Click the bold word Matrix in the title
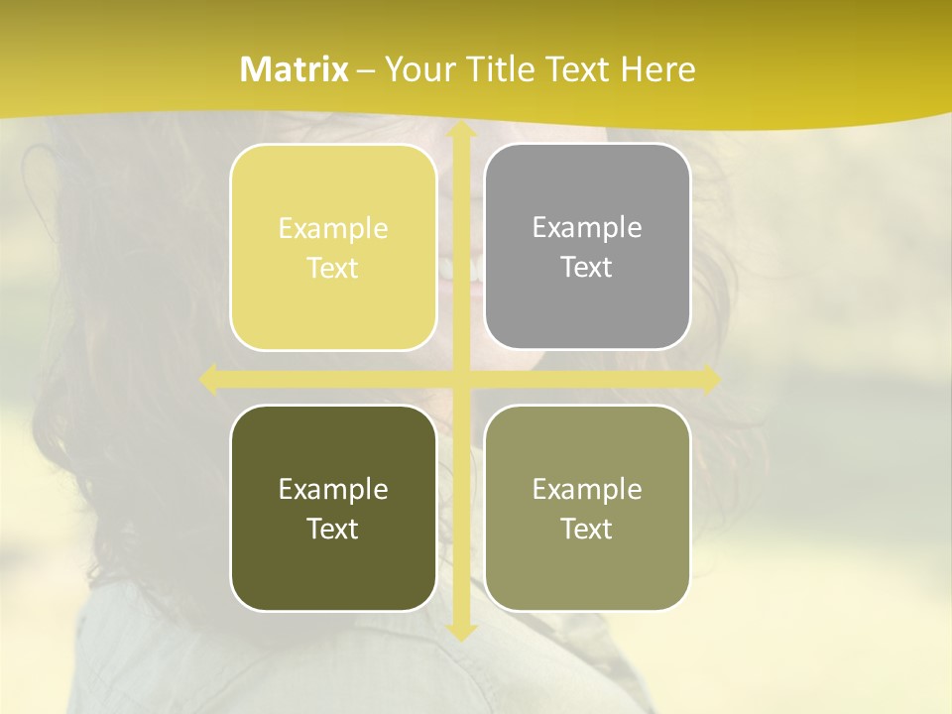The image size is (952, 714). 295,69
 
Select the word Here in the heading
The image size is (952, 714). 657,69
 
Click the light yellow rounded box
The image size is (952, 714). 333,247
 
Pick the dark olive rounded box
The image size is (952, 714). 333,508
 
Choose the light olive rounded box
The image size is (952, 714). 587,508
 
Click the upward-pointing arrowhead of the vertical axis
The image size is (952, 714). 460,131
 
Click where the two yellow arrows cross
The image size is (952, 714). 460,379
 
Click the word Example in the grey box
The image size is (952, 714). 587,227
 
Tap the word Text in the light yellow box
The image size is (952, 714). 333,268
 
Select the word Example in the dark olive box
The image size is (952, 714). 333,489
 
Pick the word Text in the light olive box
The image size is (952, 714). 587,529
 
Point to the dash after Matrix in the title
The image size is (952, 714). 366,70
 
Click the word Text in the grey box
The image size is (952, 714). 587,267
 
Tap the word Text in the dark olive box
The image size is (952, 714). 333,529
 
